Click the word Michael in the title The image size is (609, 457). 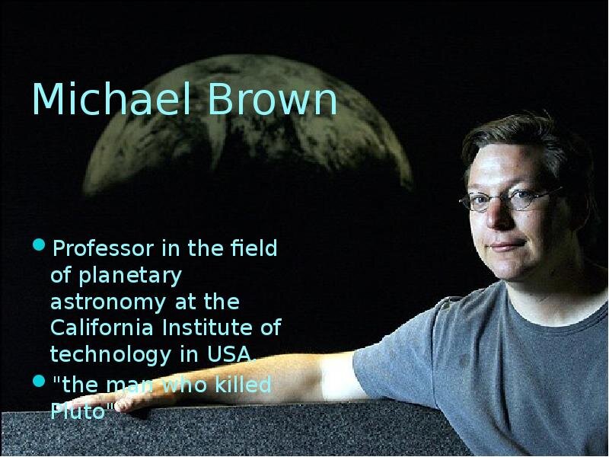(110, 98)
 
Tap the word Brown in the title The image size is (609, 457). (273, 98)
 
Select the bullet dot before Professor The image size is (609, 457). (39, 244)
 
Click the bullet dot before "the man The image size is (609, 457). (39, 380)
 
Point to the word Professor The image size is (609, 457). (103, 249)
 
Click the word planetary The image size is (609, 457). (129, 276)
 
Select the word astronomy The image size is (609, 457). (108, 302)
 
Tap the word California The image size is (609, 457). (102, 328)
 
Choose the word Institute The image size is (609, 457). (208, 328)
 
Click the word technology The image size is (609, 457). (110, 355)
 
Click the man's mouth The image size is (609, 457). (507, 245)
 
